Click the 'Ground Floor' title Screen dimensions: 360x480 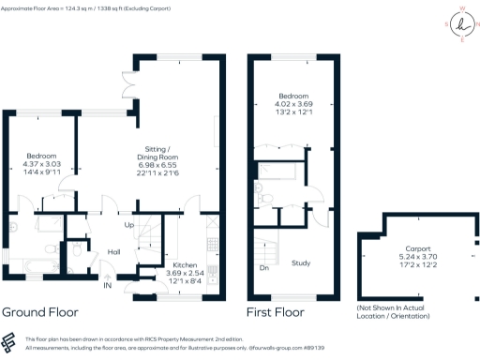[38, 311]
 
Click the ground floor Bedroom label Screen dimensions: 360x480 [41, 156]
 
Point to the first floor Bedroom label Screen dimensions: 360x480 [296, 96]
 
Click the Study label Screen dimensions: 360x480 [301, 263]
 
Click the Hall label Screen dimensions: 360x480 [114, 252]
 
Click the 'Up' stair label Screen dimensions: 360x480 [129, 225]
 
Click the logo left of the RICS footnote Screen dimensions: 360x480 [9, 342]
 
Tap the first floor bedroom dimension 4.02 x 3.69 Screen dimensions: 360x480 [296, 104]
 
